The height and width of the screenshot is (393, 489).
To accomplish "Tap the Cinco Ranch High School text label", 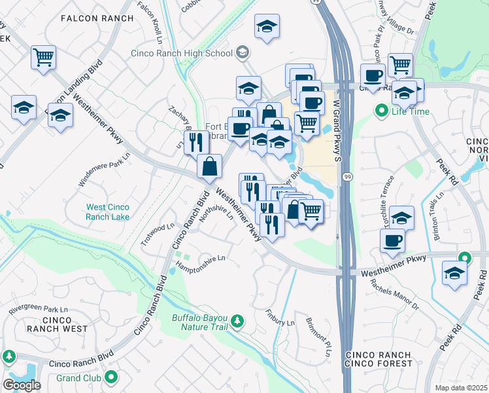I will click(181, 53).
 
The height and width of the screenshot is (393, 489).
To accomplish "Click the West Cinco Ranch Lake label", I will click(108, 212).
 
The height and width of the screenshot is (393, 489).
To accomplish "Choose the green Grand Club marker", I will click(111, 377).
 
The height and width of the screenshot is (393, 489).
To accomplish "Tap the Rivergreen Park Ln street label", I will click(39, 309).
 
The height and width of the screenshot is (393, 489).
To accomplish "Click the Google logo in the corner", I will click(22, 385).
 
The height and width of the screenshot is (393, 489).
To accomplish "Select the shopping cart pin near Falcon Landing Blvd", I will click(43, 58).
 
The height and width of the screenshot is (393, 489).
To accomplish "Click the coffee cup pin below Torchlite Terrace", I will click(393, 240).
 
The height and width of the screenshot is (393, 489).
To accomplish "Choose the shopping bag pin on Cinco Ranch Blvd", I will click(209, 166).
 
